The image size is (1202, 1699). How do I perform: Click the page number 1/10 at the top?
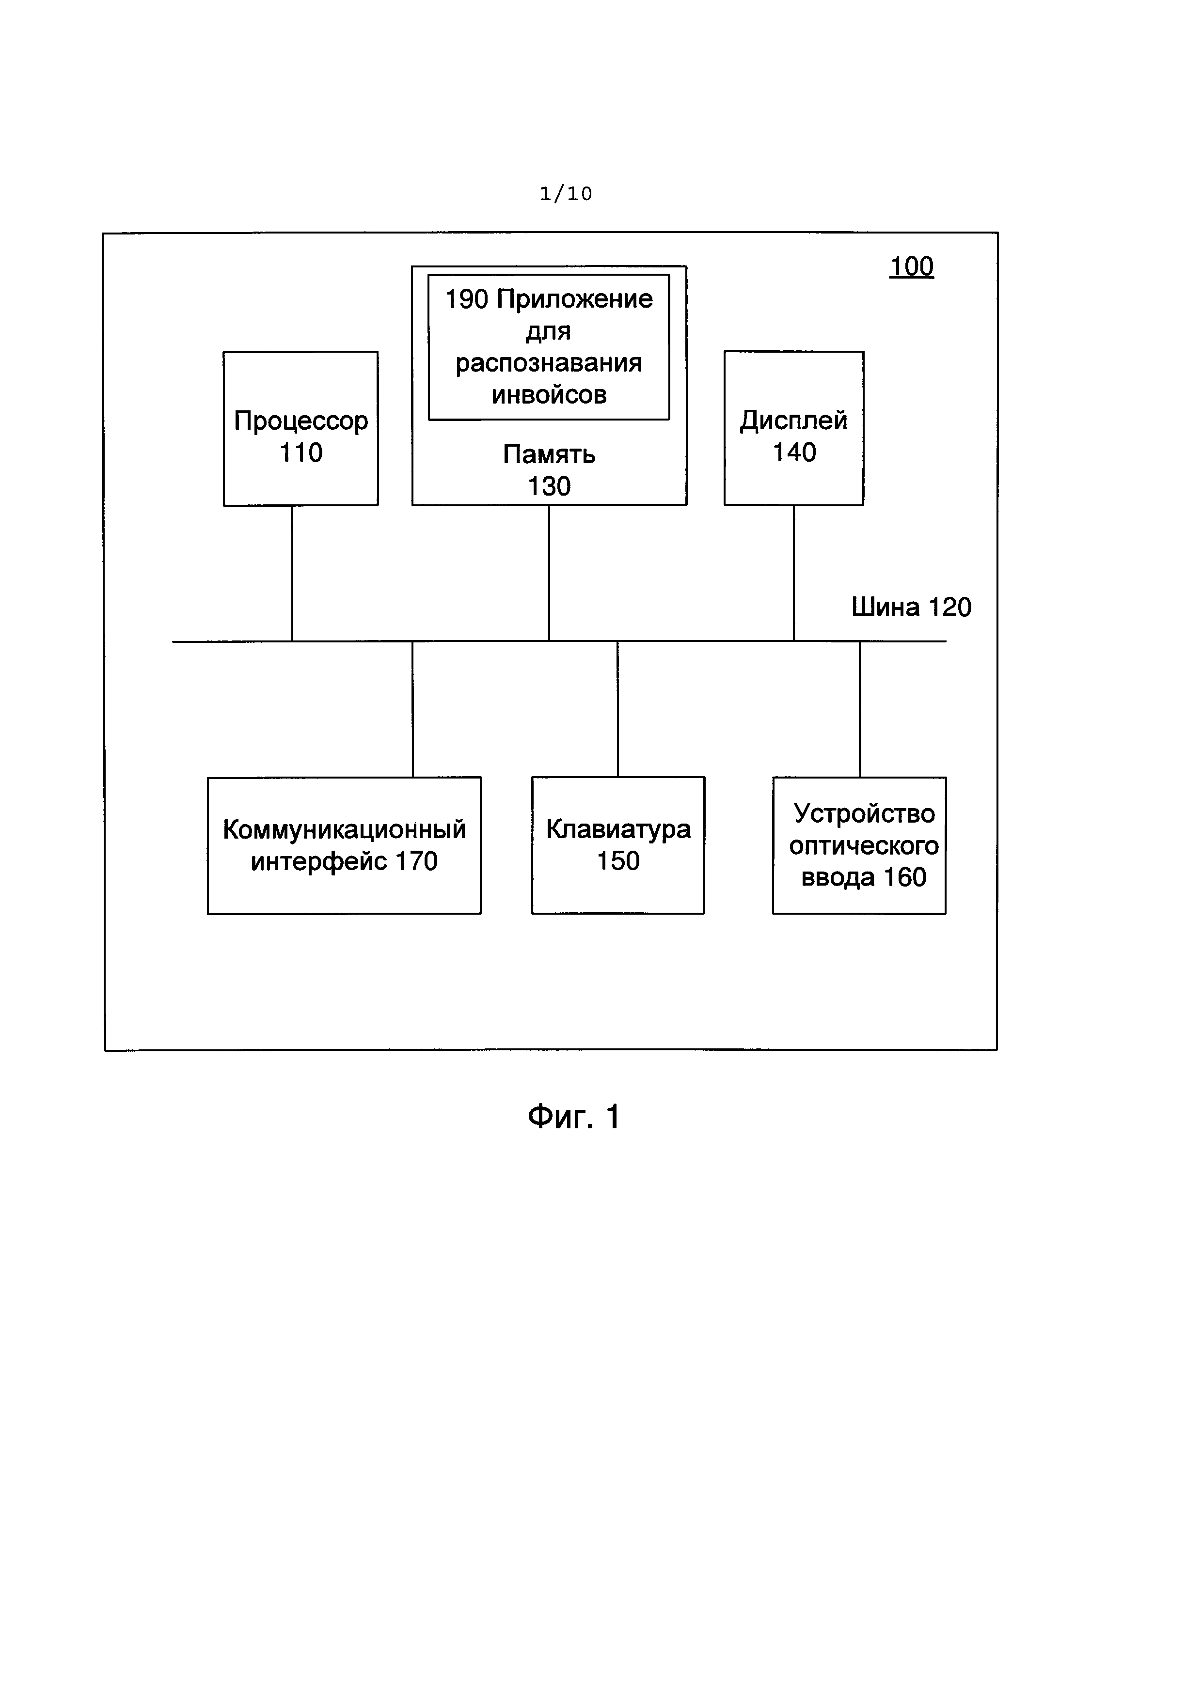click(566, 194)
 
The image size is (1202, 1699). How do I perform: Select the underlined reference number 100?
click(911, 266)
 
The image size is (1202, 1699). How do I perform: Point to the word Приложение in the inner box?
click(574, 300)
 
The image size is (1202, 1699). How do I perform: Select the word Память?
click(549, 453)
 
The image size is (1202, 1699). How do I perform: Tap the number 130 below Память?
click(549, 486)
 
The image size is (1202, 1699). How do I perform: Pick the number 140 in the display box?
click(794, 452)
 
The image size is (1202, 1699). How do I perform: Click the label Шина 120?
click(911, 608)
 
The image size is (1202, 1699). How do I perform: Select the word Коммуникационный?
click(344, 829)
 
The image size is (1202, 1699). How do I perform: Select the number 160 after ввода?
click(904, 878)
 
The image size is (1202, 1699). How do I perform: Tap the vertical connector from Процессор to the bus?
click(292, 574)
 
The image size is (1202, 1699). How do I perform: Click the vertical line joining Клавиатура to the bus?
click(617, 709)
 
